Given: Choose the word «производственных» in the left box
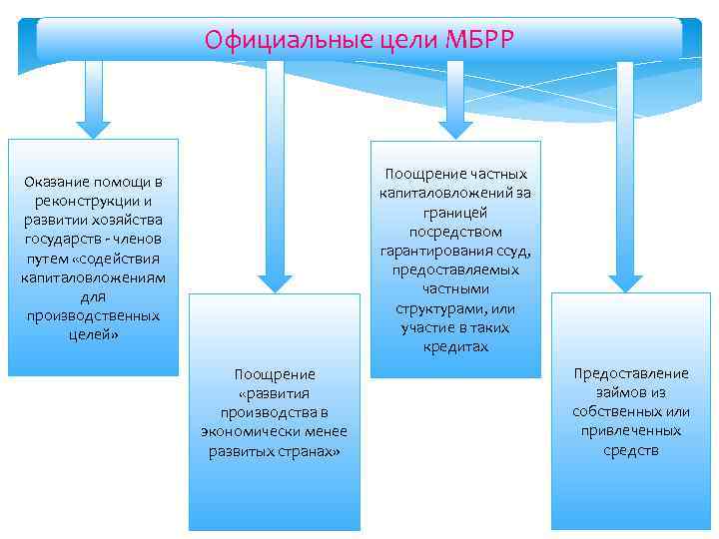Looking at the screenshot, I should pyautogui.click(x=93, y=315).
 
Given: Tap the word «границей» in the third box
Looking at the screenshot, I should pyautogui.click(x=455, y=213).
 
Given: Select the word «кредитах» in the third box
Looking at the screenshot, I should pyautogui.click(x=455, y=345).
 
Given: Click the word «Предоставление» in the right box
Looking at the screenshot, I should pyautogui.click(x=630, y=373).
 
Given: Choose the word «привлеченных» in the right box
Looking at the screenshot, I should pyautogui.click(x=630, y=430).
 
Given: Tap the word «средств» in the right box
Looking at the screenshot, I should pyautogui.click(x=630, y=449).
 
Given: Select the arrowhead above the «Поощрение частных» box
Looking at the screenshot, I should pyautogui.click(x=455, y=127).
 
